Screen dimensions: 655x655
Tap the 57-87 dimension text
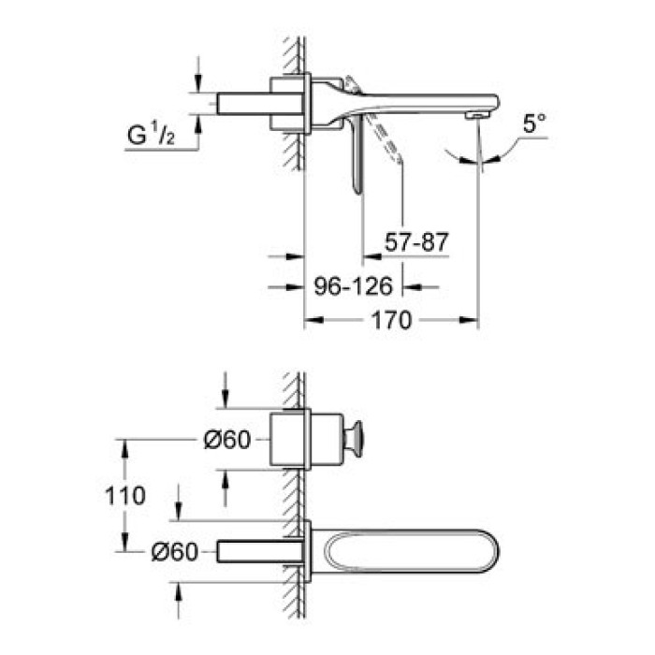pyautogui.click(x=417, y=242)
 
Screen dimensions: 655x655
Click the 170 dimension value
pyautogui.click(x=392, y=321)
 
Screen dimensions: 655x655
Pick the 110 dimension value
pyautogui.click(x=125, y=495)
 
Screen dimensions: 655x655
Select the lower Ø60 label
pyautogui.click(x=175, y=552)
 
